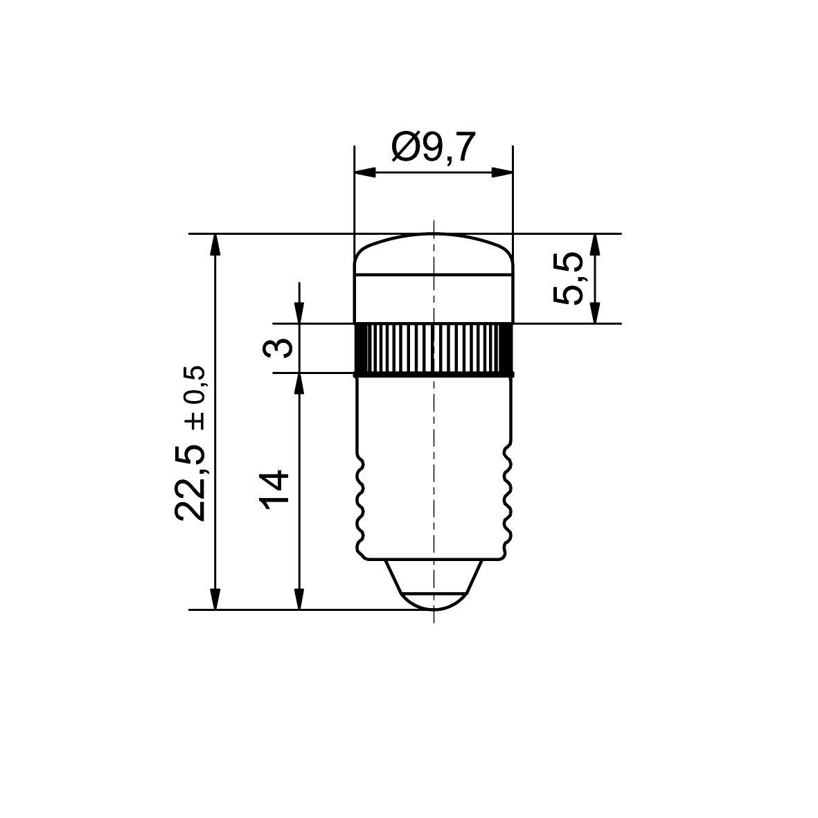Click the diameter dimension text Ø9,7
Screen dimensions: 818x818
point(434,148)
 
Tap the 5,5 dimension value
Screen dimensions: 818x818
point(568,278)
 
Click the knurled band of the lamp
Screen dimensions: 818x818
point(434,348)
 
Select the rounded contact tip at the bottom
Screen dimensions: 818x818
point(434,598)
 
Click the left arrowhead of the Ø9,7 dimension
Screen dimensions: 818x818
point(364,172)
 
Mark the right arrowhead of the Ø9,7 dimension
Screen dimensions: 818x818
point(503,172)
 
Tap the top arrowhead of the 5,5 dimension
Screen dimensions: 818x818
point(594,244)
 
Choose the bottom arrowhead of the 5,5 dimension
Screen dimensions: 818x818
point(594,313)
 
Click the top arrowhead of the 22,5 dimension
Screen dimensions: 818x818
point(215,244)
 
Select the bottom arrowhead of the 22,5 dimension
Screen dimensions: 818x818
point(215,600)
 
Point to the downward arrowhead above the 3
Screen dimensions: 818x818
point(299,314)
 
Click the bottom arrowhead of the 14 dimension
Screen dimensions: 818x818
point(299,600)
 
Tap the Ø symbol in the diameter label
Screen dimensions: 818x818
point(403,148)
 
